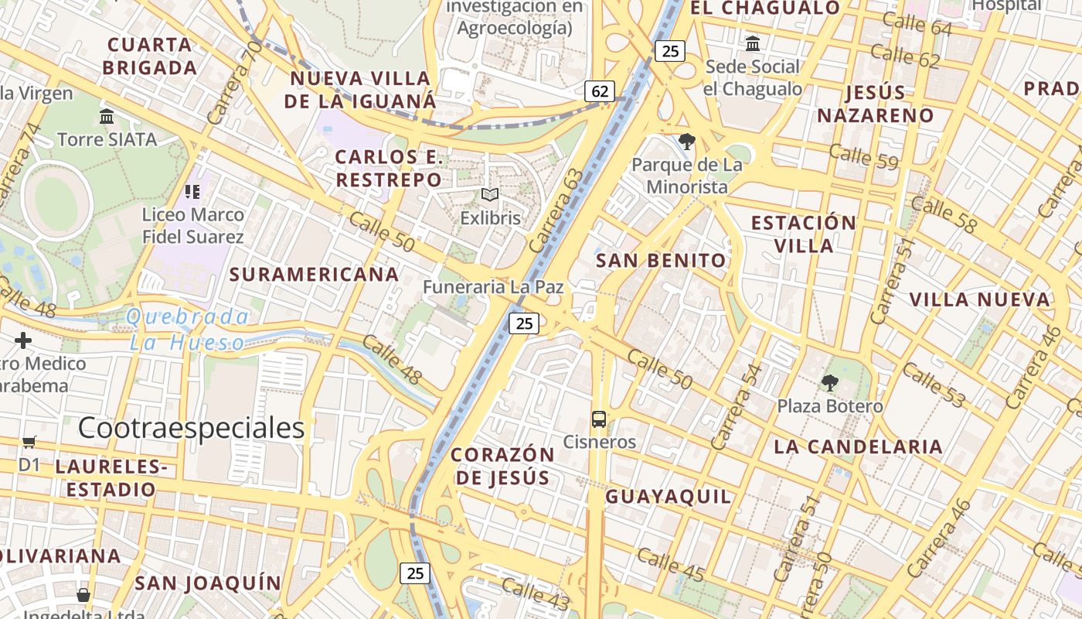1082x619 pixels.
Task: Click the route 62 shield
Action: [x=599, y=91]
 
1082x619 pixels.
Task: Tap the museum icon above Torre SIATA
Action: [x=107, y=117]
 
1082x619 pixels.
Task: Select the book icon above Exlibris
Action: [x=490, y=194]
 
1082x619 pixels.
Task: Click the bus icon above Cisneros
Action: [x=599, y=419]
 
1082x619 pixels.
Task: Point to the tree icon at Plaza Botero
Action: [x=830, y=382]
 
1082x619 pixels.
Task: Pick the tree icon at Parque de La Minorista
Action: [x=686, y=141]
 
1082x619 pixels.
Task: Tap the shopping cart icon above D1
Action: [x=29, y=442]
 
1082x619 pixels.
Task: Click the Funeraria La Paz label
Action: [x=493, y=287]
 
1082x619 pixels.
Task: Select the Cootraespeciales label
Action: [x=191, y=428]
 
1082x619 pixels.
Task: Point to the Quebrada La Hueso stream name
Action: [x=188, y=329]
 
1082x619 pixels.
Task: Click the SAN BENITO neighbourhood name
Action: [x=662, y=261]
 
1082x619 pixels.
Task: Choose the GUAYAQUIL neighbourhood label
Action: [x=668, y=497]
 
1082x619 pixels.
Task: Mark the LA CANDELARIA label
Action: [x=858, y=446]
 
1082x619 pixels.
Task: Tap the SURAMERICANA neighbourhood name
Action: [x=314, y=274]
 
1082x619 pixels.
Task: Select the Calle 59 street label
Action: [x=863, y=157]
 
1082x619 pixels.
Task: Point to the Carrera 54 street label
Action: [x=737, y=407]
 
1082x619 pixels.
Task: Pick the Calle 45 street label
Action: [x=671, y=565]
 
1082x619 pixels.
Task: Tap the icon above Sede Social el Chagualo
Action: [x=753, y=43]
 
